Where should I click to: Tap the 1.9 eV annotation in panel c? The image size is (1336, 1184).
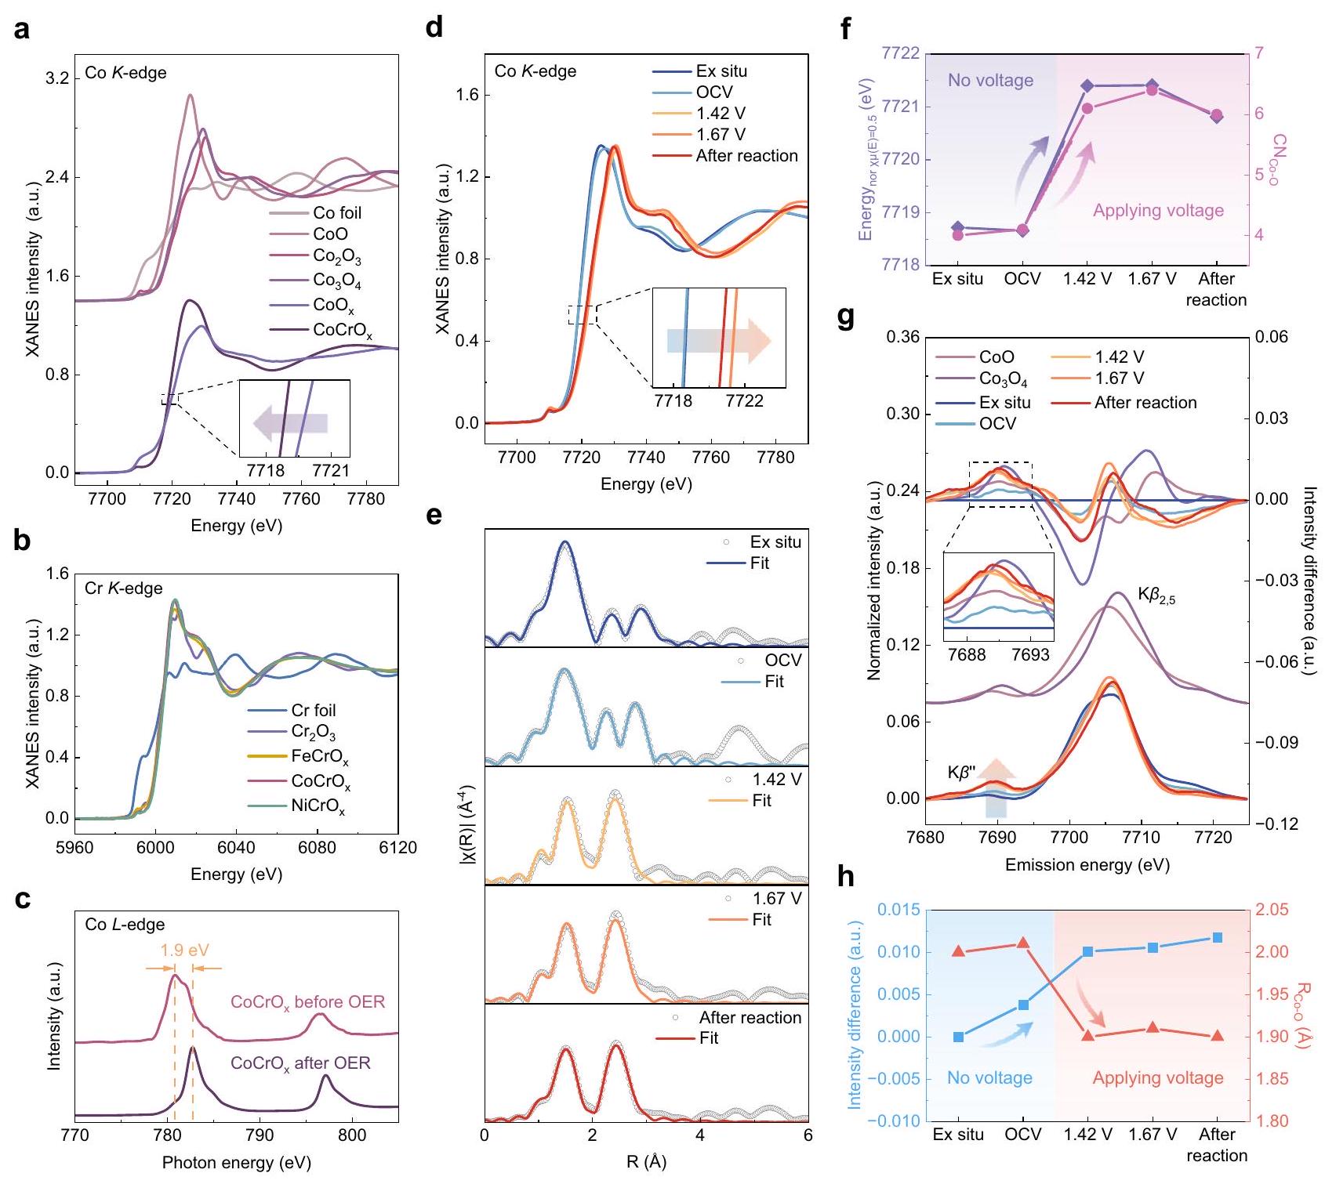click(x=184, y=950)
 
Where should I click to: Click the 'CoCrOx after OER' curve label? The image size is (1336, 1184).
click(x=300, y=1063)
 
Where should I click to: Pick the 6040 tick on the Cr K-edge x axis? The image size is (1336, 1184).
click(x=236, y=848)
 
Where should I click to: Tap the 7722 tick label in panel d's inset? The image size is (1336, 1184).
click(x=744, y=401)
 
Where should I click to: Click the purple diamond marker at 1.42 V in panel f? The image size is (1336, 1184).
click(x=1087, y=85)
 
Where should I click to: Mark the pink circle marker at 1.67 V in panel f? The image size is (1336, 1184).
click(x=1152, y=90)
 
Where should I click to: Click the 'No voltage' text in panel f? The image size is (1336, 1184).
click(x=990, y=80)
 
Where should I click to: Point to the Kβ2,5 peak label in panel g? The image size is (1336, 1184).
click(x=1156, y=597)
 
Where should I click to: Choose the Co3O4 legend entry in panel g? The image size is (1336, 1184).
click(x=1003, y=379)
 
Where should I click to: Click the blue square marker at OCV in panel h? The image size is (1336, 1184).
click(x=1023, y=1005)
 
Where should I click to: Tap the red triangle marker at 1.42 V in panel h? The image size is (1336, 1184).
click(x=1088, y=1035)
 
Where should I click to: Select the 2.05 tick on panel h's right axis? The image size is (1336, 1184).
click(x=1272, y=910)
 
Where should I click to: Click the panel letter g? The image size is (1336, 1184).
click(x=848, y=320)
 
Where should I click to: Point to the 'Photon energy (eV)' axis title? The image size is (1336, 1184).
click(x=236, y=1163)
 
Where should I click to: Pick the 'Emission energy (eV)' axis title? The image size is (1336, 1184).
click(x=1087, y=865)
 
